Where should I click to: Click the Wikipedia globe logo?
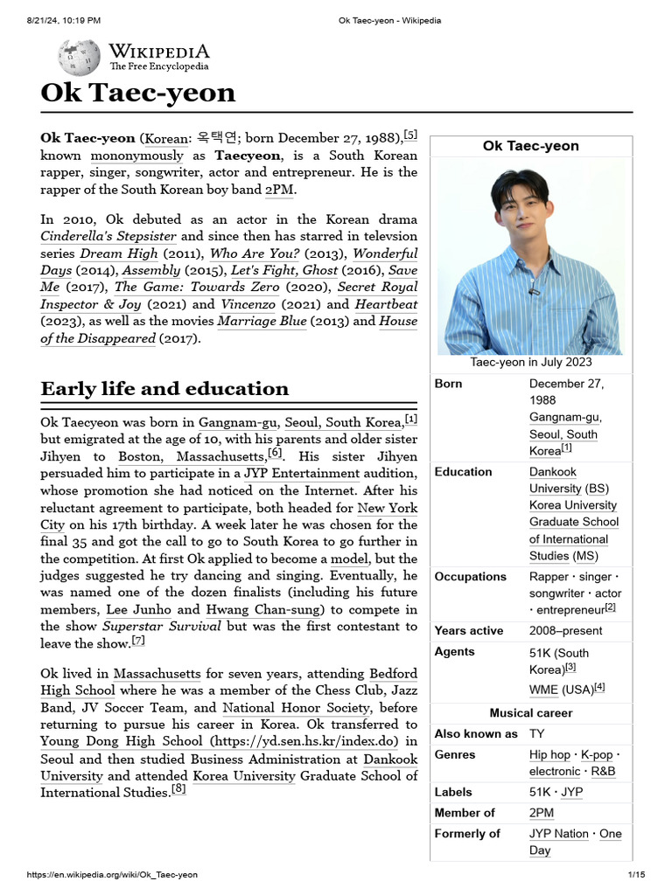[x=79, y=57]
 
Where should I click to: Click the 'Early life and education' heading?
[x=164, y=389]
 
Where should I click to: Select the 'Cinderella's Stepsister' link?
[x=108, y=236]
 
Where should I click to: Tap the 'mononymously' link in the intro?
[x=137, y=156]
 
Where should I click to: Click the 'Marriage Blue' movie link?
[x=262, y=321]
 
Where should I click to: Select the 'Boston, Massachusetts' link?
[x=192, y=457]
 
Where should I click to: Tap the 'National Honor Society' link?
[x=297, y=708]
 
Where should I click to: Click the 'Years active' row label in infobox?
[x=469, y=631]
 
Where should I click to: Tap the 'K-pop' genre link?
[x=597, y=754]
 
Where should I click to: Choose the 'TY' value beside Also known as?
[x=536, y=733]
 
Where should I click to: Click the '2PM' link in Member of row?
[x=542, y=813]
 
